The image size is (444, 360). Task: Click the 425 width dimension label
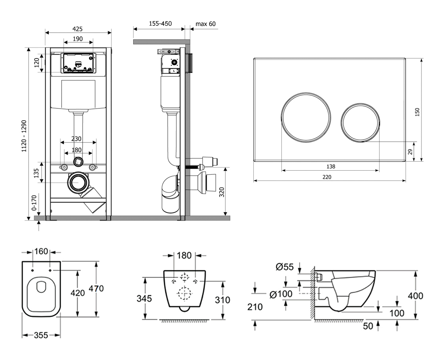tap(78, 29)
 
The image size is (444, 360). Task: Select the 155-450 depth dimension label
tap(160, 24)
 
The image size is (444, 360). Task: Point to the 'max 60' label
tap(206, 24)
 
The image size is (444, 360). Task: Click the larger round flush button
tap(306, 116)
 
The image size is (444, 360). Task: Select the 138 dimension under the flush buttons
tap(331, 166)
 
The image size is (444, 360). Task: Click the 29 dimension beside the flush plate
tap(410, 151)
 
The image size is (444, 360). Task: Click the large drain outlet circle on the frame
tap(79, 183)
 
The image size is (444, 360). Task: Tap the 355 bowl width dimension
tap(41, 335)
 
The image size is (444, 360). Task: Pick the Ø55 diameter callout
tap(284, 267)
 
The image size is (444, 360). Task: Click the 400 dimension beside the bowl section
tap(415, 296)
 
